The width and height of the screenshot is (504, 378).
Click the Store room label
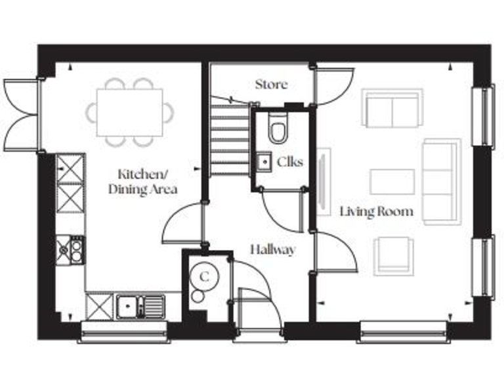[271, 85]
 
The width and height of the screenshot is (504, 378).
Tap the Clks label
[290, 161]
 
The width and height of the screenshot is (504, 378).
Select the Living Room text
[376, 211]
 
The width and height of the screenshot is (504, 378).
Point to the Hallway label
[273, 249]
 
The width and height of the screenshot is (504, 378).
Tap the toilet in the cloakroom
[278, 129]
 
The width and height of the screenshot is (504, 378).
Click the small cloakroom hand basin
[263, 161]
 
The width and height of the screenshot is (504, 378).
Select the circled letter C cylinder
[205, 276]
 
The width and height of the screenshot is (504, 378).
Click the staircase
[230, 141]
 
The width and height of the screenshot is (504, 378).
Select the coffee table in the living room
[392, 182]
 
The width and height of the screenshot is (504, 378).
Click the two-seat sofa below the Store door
[392, 110]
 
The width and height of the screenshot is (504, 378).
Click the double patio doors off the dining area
[22, 115]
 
